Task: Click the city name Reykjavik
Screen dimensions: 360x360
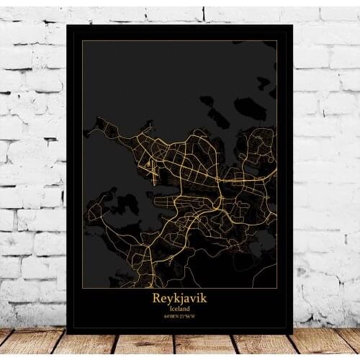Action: click(x=179, y=297)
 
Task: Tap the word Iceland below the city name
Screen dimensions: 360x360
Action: click(x=179, y=308)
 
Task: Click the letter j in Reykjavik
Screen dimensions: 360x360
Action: click(x=181, y=298)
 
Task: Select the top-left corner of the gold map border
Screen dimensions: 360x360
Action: click(x=82, y=41)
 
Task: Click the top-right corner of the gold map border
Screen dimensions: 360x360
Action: click(x=277, y=41)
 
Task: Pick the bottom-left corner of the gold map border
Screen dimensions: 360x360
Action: click(x=82, y=288)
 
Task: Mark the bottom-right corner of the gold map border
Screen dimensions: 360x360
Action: click(x=277, y=288)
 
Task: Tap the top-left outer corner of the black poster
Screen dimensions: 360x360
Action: click(x=66, y=25)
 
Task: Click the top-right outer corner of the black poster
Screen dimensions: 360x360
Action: click(x=293, y=25)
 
